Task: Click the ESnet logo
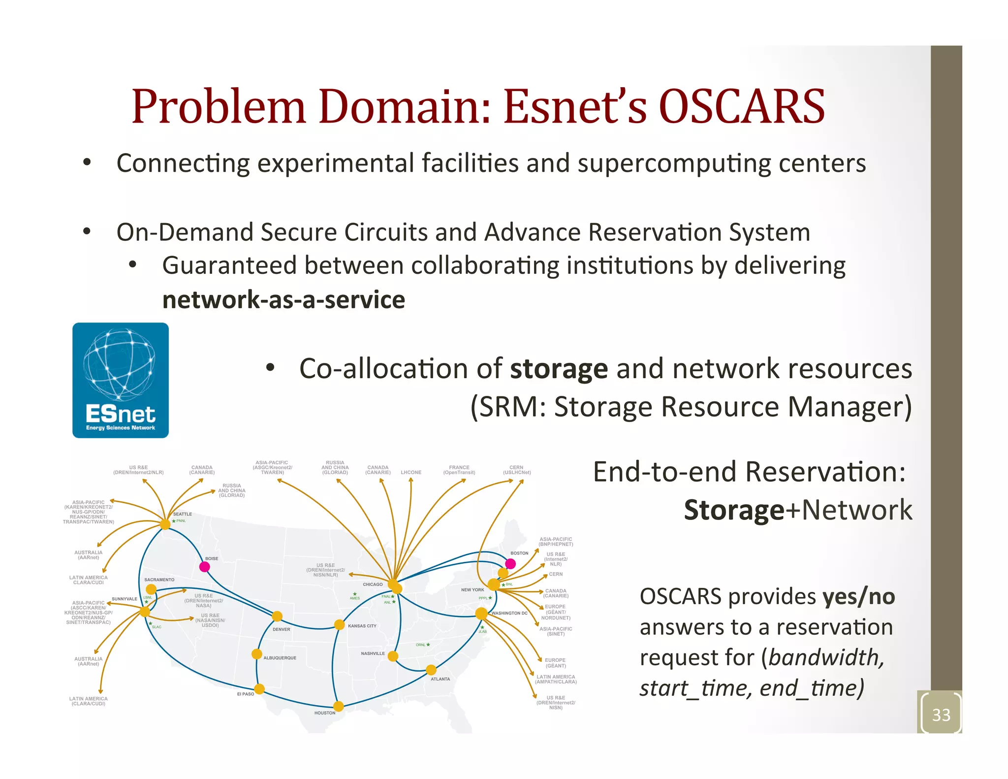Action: point(121,380)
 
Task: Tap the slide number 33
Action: point(941,714)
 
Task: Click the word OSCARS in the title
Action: point(741,107)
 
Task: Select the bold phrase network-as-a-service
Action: point(283,300)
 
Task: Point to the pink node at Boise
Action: point(205,567)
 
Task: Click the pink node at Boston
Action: point(510,564)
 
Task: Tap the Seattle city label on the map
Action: point(182,514)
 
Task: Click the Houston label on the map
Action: point(325,713)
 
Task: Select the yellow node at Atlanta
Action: point(431,670)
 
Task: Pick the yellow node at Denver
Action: point(277,617)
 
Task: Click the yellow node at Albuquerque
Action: point(256,654)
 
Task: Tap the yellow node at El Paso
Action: point(259,689)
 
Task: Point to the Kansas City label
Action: point(362,626)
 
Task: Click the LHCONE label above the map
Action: point(411,473)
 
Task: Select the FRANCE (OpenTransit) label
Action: point(459,470)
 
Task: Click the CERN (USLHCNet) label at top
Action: point(516,470)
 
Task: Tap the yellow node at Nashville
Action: point(393,656)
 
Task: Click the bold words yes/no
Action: point(859,597)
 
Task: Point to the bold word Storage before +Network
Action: point(733,510)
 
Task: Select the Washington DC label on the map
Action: point(509,613)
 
